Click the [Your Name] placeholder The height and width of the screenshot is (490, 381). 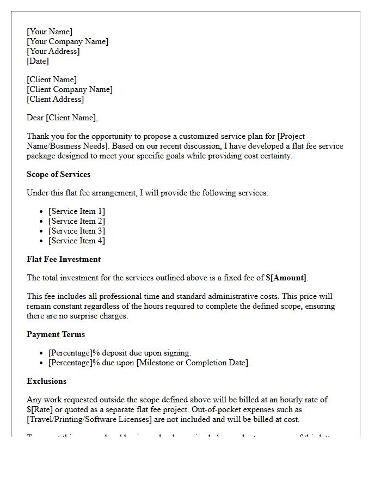pos(50,32)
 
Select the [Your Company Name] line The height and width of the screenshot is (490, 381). pos(67,41)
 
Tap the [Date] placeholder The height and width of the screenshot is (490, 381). pos(38,61)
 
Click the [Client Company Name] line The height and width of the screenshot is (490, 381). pos(70,89)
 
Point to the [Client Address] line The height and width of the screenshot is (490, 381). pos(55,99)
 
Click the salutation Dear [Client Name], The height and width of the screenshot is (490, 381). pos(62,118)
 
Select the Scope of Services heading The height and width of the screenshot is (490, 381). pos(58,174)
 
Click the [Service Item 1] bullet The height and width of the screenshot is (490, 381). pos(77,211)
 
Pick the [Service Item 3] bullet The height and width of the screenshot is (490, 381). pos(77,231)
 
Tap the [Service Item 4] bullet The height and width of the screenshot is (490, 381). pos(77,241)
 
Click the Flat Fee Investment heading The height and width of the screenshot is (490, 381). pos(64,259)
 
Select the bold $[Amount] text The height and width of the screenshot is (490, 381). pos(286,278)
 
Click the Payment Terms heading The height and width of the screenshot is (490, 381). pos(56,334)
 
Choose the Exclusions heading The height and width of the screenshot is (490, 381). pos(46,381)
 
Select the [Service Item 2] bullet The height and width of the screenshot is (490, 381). pos(77,221)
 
